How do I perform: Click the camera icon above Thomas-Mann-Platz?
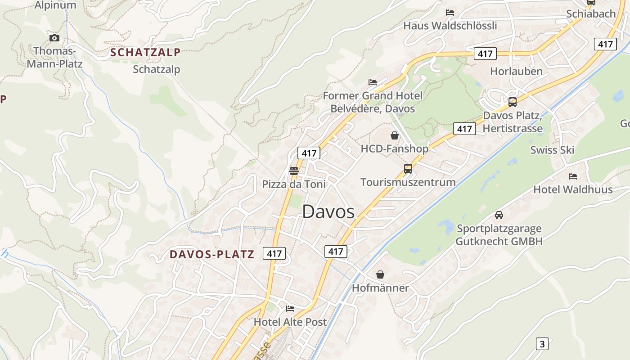coord(54,38)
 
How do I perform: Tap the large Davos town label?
coord(328,212)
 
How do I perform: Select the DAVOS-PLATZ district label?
coord(212,254)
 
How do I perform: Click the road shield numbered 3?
coord(542,344)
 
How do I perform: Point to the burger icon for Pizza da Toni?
coord(294,171)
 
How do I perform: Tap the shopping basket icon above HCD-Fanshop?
coord(395,135)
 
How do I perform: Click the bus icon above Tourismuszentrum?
coord(408,169)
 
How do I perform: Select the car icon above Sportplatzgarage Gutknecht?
coord(499,215)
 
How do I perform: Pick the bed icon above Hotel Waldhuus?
coord(573,176)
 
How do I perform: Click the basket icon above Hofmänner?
coord(380,274)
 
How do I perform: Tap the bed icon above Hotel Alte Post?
coord(290,309)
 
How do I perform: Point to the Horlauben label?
coord(516,71)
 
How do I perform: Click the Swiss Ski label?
coord(552,150)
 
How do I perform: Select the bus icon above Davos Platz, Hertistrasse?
coord(512,102)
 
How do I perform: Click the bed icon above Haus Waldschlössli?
coord(450,13)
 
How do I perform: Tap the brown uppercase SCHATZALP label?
coord(145,52)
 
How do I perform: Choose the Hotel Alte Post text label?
coord(290,322)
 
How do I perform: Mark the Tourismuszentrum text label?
coord(408,182)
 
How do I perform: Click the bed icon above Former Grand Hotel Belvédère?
coord(373,82)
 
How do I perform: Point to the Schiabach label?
coord(591,13)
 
